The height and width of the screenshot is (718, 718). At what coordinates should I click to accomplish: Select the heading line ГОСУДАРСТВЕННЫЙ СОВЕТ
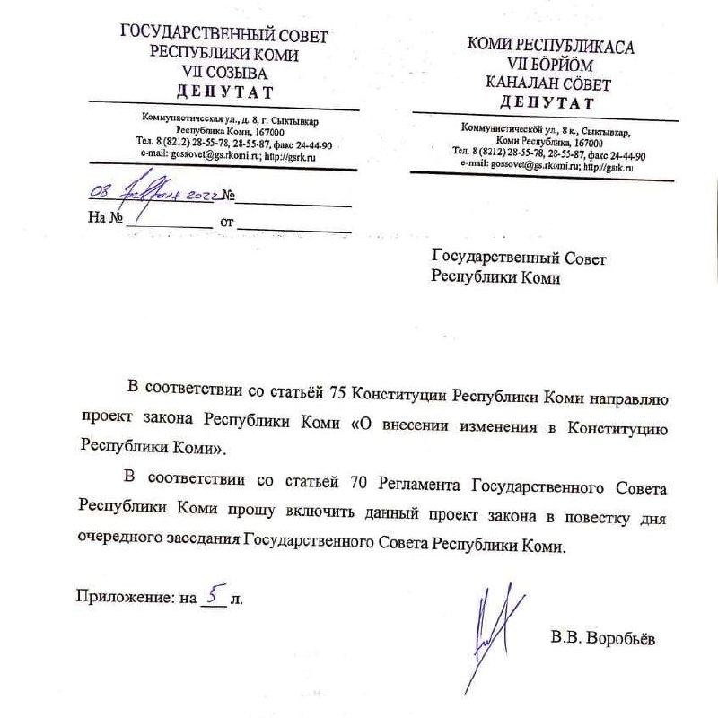224,35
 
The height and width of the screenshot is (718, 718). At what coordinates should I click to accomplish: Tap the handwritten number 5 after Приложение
213,593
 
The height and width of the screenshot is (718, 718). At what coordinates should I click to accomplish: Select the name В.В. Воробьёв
603,639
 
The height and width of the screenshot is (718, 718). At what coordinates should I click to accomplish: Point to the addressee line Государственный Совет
520,258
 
